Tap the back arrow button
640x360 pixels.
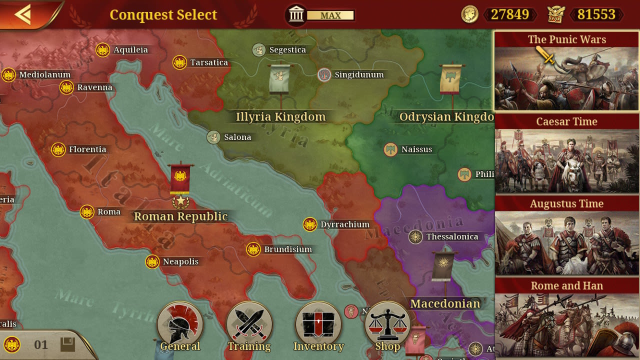pyautogui.click(x=23, y=14)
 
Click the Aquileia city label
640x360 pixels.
pyautogui.click(x=130, y=50)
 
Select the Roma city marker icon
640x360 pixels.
pyautogui.click(x=87, y=212)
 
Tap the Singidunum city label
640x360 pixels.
pyautogui.click(x=359, y=75)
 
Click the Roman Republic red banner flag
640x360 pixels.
pyautogui.click(x=180, y=178)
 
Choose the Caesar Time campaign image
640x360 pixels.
pyautogui.click(x=567, y=161)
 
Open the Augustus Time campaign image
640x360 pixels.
pyautogui.click(x=567, y=243)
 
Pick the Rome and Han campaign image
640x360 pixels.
pyautogui.click(x=567, y=325)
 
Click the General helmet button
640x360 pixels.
pyautogui.click(x=180, y=325)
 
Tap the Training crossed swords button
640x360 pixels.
pyautogui.click(x=249, y=325)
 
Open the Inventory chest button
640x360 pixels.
pyautogui.click(x=318, y=325)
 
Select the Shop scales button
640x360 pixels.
pyautogui.click(x=387, y=325)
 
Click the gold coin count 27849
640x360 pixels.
pyautogui.click(x=509, y=14)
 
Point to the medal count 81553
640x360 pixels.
pyautogui.click(x=596, y=14)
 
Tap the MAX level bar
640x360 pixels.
pyautogui.click(x=330, y=15)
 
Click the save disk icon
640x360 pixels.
pyautogui.click(x=67, y=344)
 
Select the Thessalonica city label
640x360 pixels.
pyautogui.click(x=452, y=237)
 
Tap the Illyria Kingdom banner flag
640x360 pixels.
pyautogui.click(x=279, y=79)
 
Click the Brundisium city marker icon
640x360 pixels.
pyautogui.click(x=253, y=249)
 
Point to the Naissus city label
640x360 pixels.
pyautogui.click(x=416, y=149)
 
